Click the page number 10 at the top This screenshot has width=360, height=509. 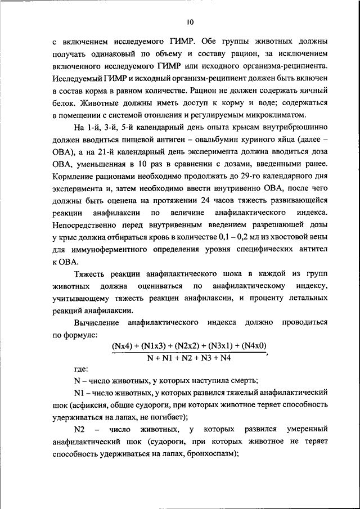pyautogui.click(x=190, y=22)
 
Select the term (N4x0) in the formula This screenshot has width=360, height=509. pyautogui.click(x=250, y=346)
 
